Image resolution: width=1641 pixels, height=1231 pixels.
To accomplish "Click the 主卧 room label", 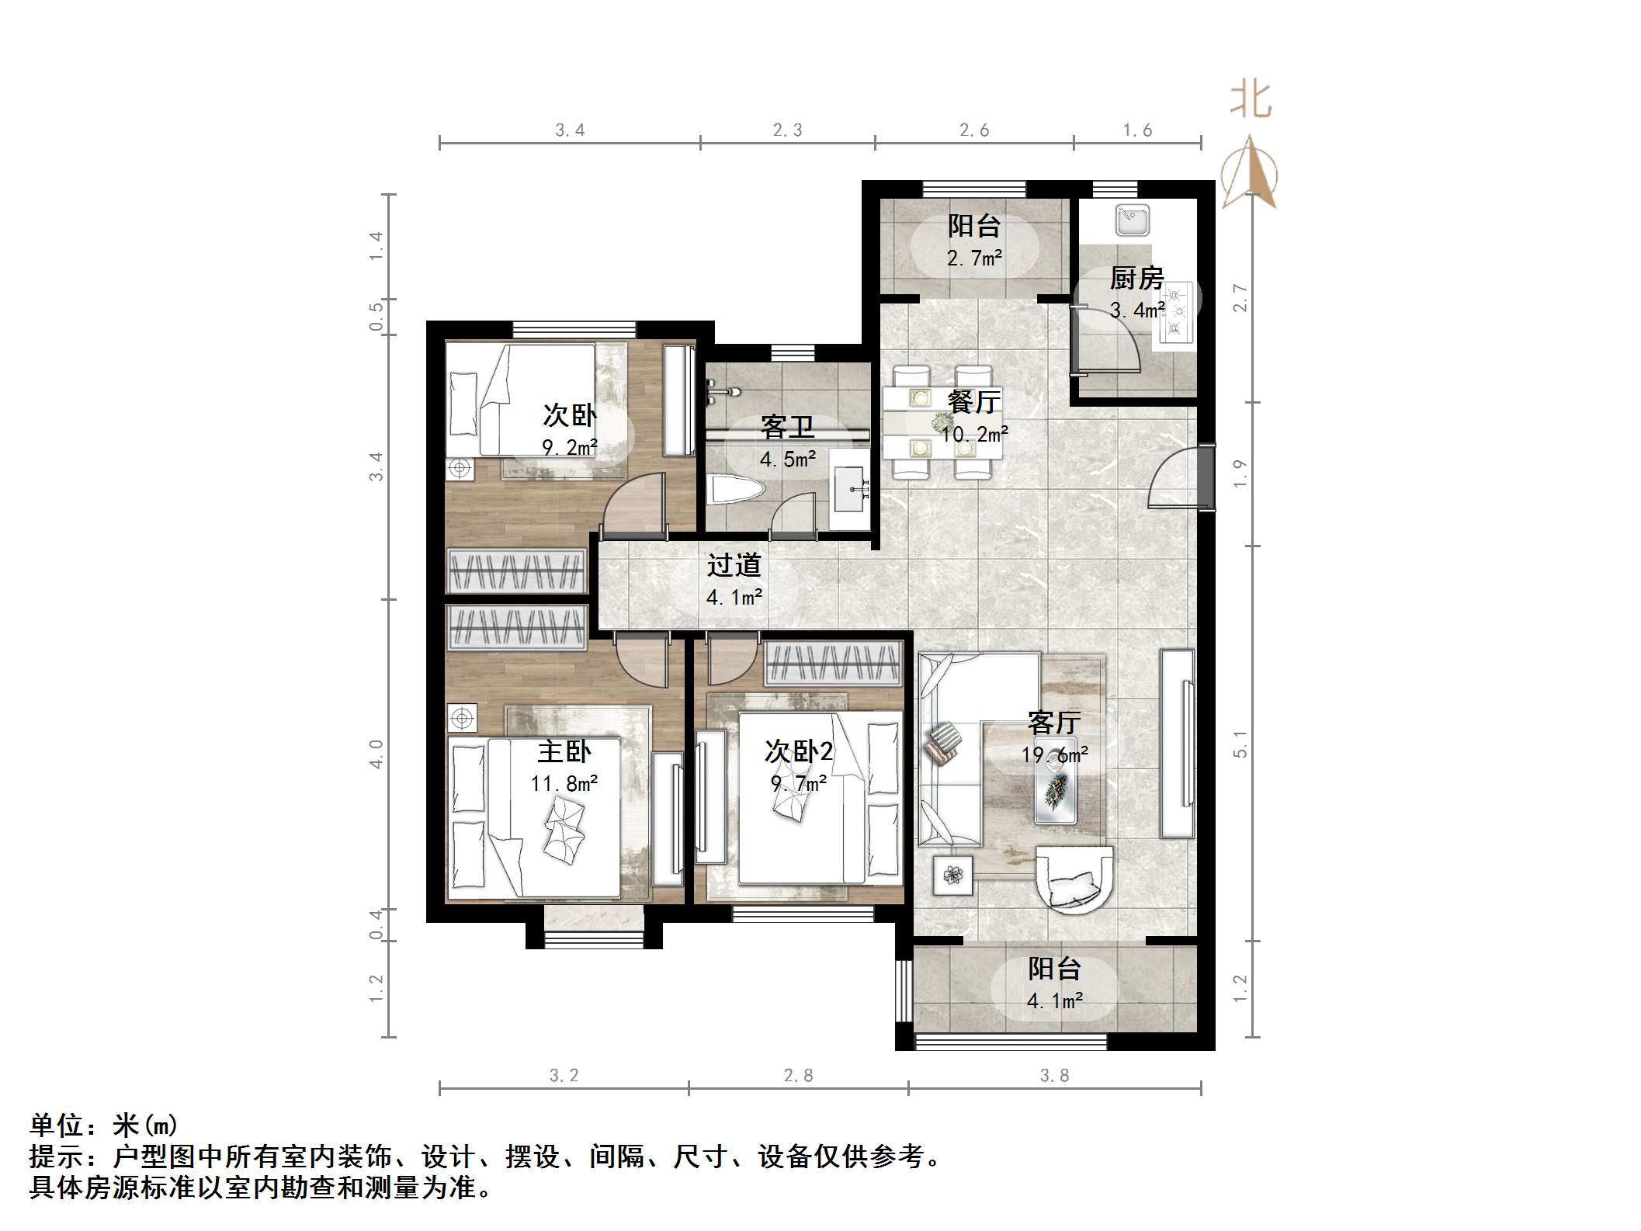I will (564, 751).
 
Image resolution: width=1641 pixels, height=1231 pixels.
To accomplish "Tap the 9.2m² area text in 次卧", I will (570, 447).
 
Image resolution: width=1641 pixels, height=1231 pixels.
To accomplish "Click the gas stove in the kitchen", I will (1176, 314).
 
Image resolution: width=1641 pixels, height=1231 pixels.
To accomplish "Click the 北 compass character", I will (1250, 101).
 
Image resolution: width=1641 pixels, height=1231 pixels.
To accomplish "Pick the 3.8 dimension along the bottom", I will (1053, 1075).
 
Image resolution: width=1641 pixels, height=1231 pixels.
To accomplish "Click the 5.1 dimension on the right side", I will (1240, 744).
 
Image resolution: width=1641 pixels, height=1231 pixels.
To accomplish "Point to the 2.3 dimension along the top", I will (787, 130).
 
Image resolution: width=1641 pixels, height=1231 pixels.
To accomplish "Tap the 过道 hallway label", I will (734, 565).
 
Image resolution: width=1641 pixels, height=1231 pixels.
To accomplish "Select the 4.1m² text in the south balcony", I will (1054, 1001).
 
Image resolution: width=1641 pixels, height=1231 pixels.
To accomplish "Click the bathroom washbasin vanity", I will (851, 489).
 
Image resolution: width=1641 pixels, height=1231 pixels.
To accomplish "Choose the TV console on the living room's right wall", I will (1178, 744).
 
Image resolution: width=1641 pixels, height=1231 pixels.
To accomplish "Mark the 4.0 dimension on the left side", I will (376, 754).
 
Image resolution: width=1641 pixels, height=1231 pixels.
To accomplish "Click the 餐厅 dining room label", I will (974, 402).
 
